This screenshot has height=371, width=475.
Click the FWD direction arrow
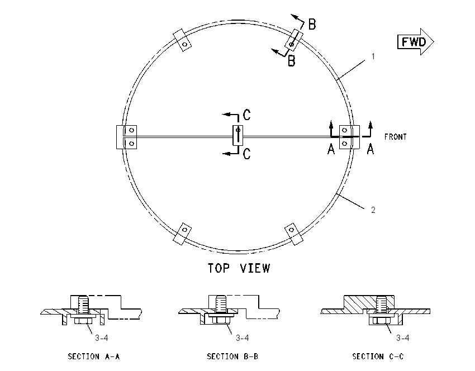pos(416,41)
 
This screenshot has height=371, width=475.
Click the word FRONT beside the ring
pos(395,137)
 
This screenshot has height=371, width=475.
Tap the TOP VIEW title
pos(239,268)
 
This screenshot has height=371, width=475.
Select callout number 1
pos(373,56)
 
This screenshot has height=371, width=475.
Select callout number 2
pos(373,210)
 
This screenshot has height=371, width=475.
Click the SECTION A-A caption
pos(94,356)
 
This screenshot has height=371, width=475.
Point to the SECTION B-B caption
pos(232,356)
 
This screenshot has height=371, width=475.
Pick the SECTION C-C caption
pos(378,356)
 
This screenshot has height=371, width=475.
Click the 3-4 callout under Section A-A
pos(102,337)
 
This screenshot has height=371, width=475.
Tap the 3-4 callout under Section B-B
pos(243,337)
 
